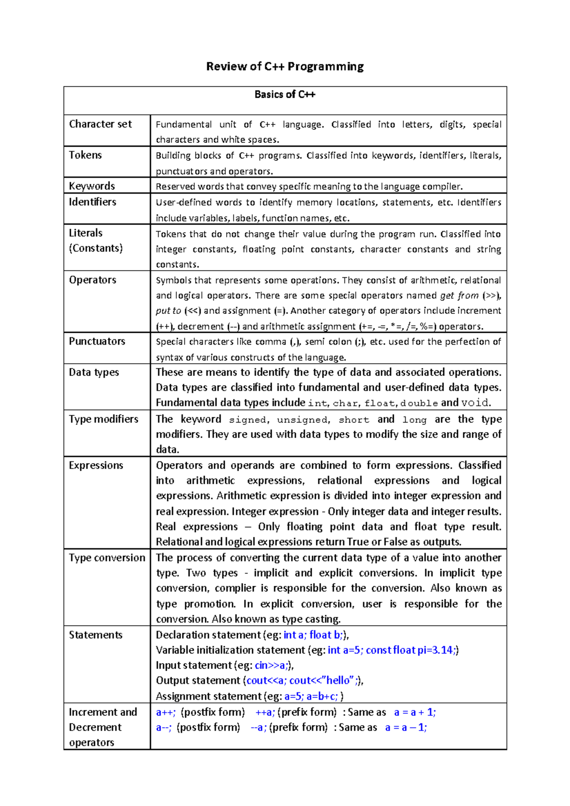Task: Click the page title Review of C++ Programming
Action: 285,66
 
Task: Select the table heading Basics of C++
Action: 285,94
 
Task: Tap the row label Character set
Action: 100,124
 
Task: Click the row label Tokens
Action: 85,155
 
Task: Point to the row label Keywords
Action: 92,186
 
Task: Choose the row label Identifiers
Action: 92,202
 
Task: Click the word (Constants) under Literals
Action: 95,248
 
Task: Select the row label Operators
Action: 92,280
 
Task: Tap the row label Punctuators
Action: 97,341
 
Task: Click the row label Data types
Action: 94,372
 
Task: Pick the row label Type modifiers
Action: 103,419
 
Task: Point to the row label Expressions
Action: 95,465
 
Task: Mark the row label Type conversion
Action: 107,557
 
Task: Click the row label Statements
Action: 95,635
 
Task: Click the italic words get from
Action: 459,295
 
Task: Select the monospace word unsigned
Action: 303,420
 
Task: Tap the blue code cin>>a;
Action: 272,665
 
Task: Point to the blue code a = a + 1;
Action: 415,712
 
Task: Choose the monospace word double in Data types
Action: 418,403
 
